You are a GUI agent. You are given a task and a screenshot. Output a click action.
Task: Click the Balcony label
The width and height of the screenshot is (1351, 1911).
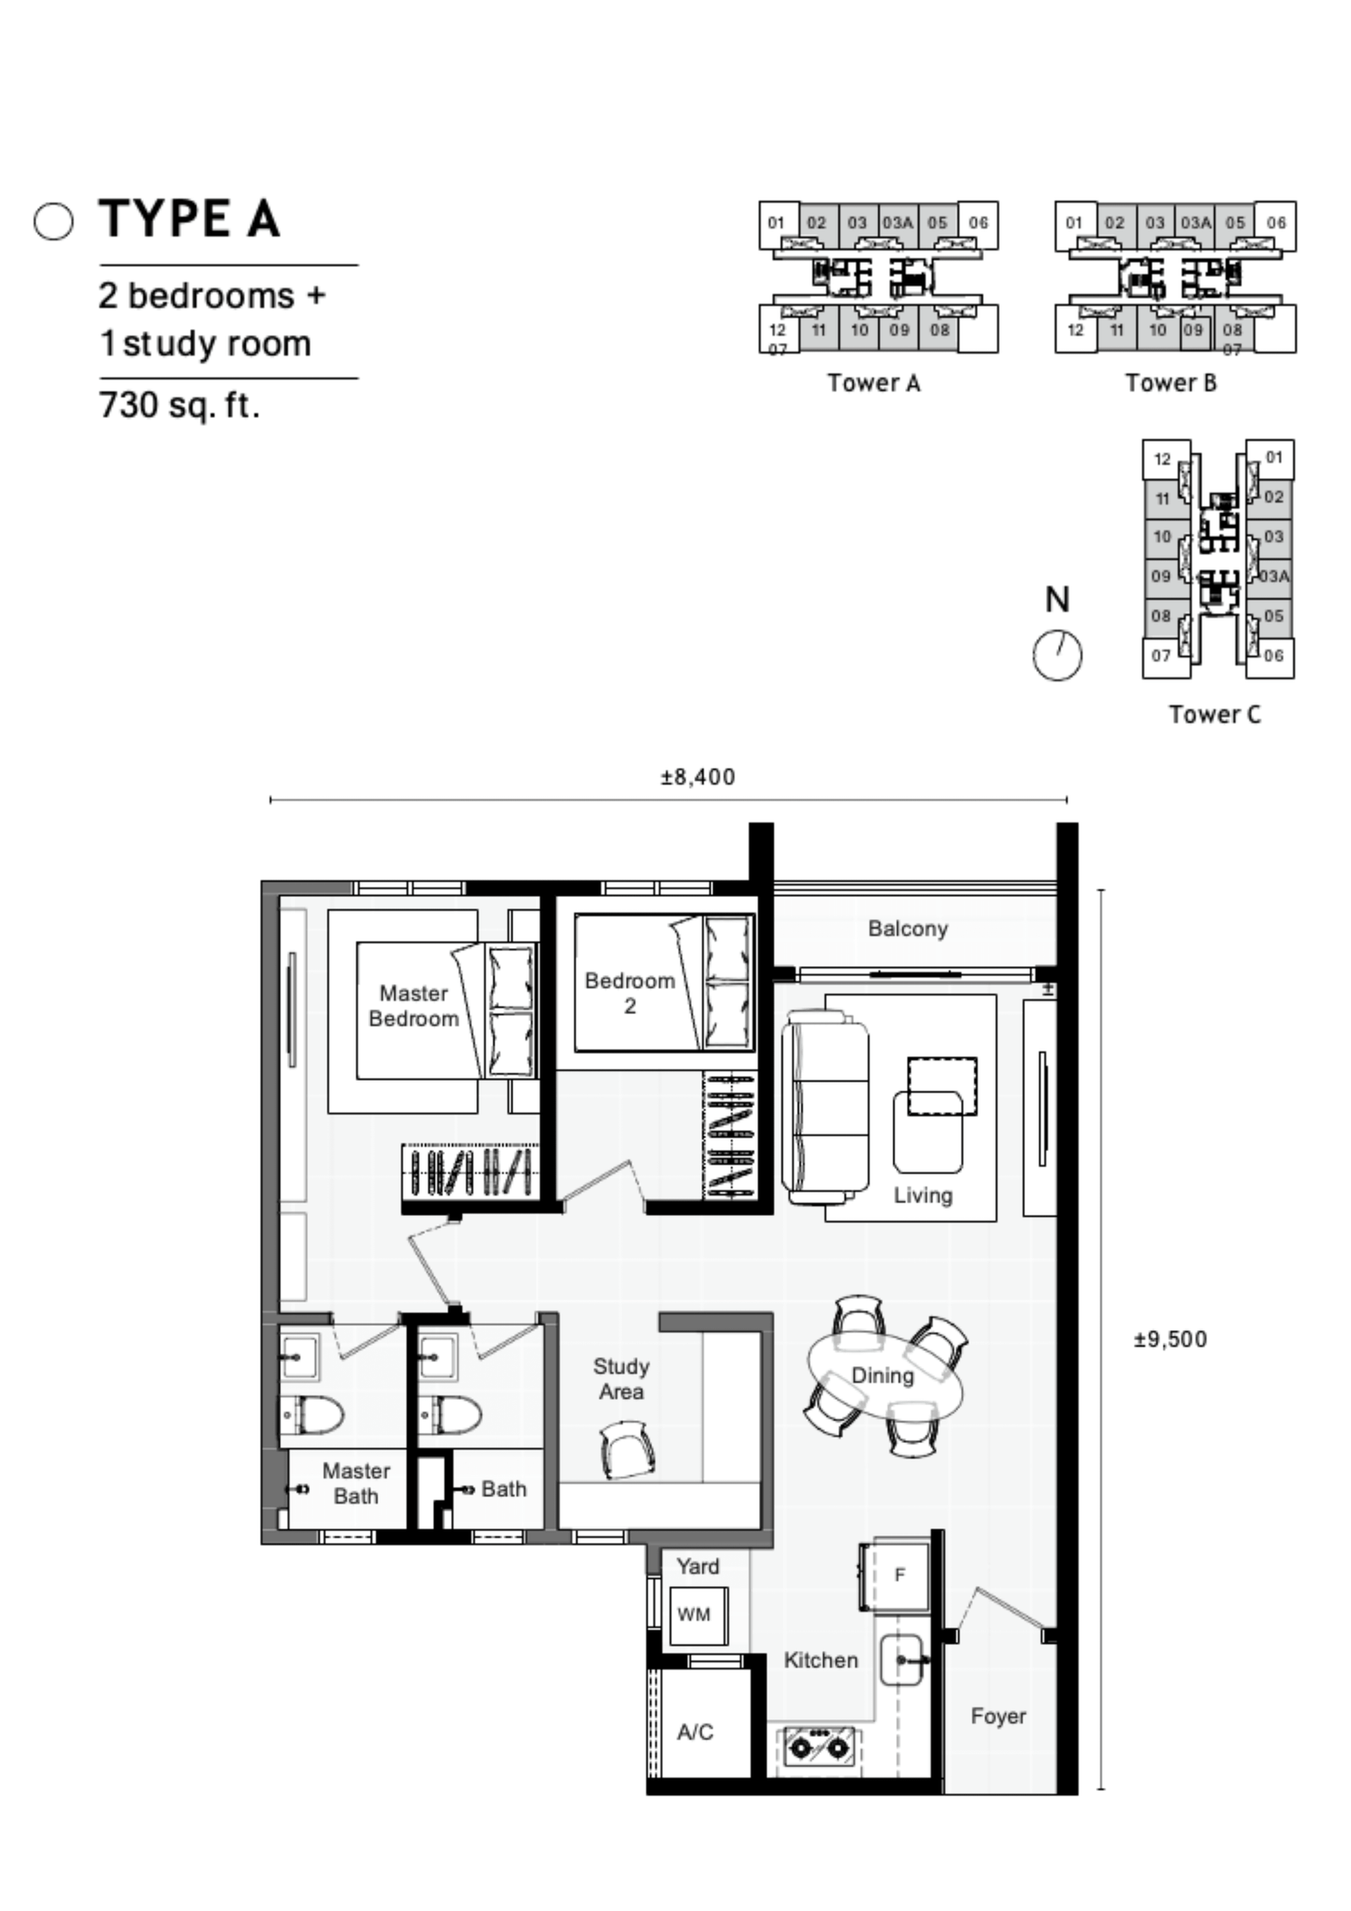coord(908,928)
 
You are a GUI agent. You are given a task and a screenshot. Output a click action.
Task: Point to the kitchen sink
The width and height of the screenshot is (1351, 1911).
coord(902,1659)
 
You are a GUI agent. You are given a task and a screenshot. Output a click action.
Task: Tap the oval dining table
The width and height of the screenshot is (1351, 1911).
coord(884,1376)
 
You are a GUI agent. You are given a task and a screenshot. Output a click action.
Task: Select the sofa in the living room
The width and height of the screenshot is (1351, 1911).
coord(825,1107)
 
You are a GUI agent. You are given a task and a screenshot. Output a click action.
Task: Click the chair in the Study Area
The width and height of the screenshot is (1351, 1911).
coord(627,1449)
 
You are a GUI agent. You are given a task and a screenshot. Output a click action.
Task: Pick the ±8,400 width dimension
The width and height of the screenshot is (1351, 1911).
coord(697,777)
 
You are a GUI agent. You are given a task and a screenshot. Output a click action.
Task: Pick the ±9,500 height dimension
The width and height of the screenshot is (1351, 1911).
coord(1170,1339)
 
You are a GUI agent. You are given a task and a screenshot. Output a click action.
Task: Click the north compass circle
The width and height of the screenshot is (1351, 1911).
coord(1057,655)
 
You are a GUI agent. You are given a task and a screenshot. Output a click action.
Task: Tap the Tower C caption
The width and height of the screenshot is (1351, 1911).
coord(1214,714)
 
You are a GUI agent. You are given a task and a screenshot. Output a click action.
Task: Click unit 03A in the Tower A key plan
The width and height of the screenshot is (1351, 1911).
coord(897,223)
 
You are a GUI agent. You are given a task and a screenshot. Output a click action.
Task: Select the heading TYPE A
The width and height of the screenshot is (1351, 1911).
coord(189,219)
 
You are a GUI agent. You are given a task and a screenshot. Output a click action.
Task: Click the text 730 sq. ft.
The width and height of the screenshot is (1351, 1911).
coord(179,405)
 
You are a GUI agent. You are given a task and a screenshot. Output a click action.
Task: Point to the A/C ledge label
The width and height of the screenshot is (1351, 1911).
coord(695,1732)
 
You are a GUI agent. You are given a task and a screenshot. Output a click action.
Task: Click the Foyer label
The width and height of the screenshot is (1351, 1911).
coord(998,1716)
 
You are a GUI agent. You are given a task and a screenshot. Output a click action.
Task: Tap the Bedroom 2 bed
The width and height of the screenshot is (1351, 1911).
coord(664,983)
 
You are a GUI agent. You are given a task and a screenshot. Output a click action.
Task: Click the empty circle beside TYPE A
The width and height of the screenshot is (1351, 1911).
coord(53,222)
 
